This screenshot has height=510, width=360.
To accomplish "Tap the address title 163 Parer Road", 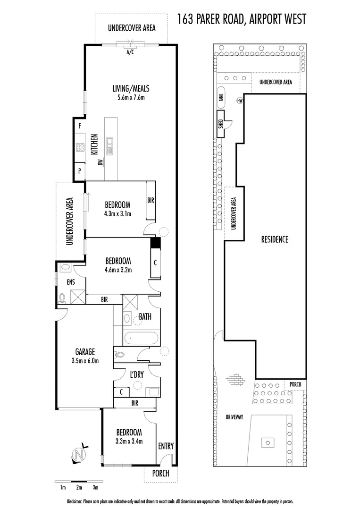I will tap(242, 19).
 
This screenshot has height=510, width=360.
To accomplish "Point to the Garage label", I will tap(85, 352).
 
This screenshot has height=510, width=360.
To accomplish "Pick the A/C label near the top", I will tap(130, 52).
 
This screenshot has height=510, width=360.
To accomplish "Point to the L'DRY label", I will tap(137, 374).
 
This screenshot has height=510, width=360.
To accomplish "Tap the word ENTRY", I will tap(166, 446).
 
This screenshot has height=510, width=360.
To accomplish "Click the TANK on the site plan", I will tap(221, 97).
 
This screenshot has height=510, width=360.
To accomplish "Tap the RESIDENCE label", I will tap(275, 239).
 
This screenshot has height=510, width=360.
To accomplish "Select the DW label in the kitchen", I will tap(100, 163).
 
